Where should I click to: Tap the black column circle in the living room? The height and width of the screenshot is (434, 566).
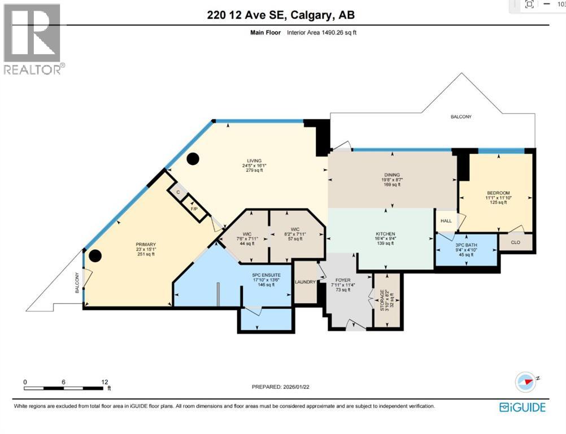click(x=193, y=159)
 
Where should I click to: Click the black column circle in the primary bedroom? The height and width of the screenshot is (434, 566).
click(x=95, y=256)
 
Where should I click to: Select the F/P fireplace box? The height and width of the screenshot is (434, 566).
click(x=194, y=209)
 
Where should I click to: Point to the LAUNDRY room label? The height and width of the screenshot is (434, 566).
click(x=305, y=281)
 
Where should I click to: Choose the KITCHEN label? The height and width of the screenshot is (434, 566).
click(x=386, y=234)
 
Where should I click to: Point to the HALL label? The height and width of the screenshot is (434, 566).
click(x=446, y=222)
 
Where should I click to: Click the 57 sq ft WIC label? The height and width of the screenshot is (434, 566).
click(x=295, y=229)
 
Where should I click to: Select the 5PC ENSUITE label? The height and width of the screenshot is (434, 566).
click(x=263, y=275)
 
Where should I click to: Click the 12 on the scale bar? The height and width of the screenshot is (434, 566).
click(x=105, y=382)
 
